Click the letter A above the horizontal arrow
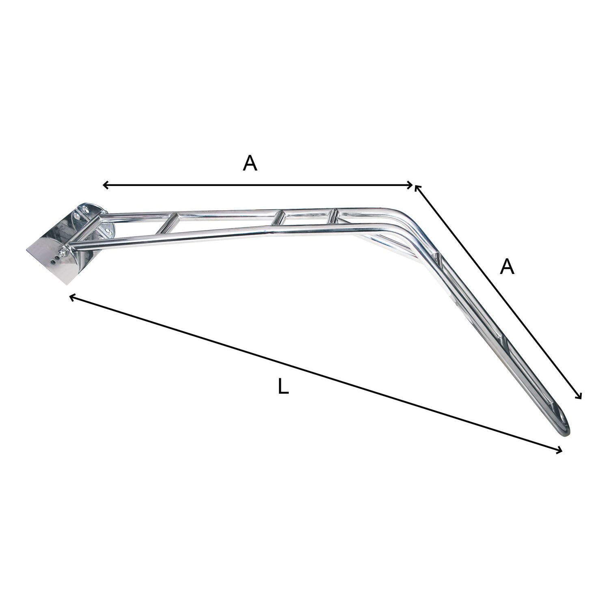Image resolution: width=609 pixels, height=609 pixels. (250, 163)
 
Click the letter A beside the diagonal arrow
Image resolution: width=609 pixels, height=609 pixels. (507, 267)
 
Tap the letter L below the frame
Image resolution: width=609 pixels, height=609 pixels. (284, 387)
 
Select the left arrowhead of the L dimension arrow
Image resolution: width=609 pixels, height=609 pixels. (73, 298)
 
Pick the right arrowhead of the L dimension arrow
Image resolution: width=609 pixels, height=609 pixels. (559, 449)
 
